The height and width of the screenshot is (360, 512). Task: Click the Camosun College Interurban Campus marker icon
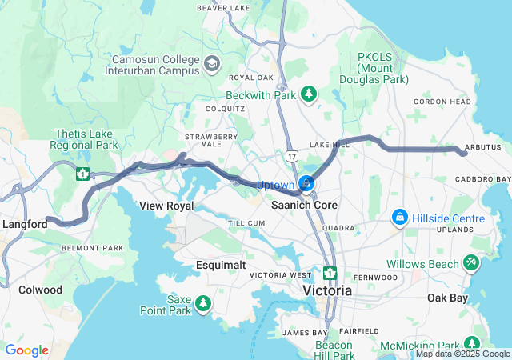point(212,63)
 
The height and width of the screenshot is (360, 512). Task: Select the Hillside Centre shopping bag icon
point(400,218)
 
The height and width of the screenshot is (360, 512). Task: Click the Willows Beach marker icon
point(471,262)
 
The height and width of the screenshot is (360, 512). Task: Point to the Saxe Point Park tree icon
point(204,303)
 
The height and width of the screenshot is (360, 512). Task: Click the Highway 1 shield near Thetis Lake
point(82,172)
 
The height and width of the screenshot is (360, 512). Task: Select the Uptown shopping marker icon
point(306,185)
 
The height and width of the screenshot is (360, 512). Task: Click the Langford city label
point(24,225)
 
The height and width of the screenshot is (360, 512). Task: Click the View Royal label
point(166,206)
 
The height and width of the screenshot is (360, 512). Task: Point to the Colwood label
point(40,290)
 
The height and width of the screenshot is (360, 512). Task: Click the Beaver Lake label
point(223,8)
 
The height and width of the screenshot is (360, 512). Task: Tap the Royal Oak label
point(251,78)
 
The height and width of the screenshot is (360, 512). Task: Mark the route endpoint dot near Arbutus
point(465,153)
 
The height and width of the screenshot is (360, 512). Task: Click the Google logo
point(27,350)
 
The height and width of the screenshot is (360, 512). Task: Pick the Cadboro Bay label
point(483,178)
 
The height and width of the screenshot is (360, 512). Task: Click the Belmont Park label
point(92,248)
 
